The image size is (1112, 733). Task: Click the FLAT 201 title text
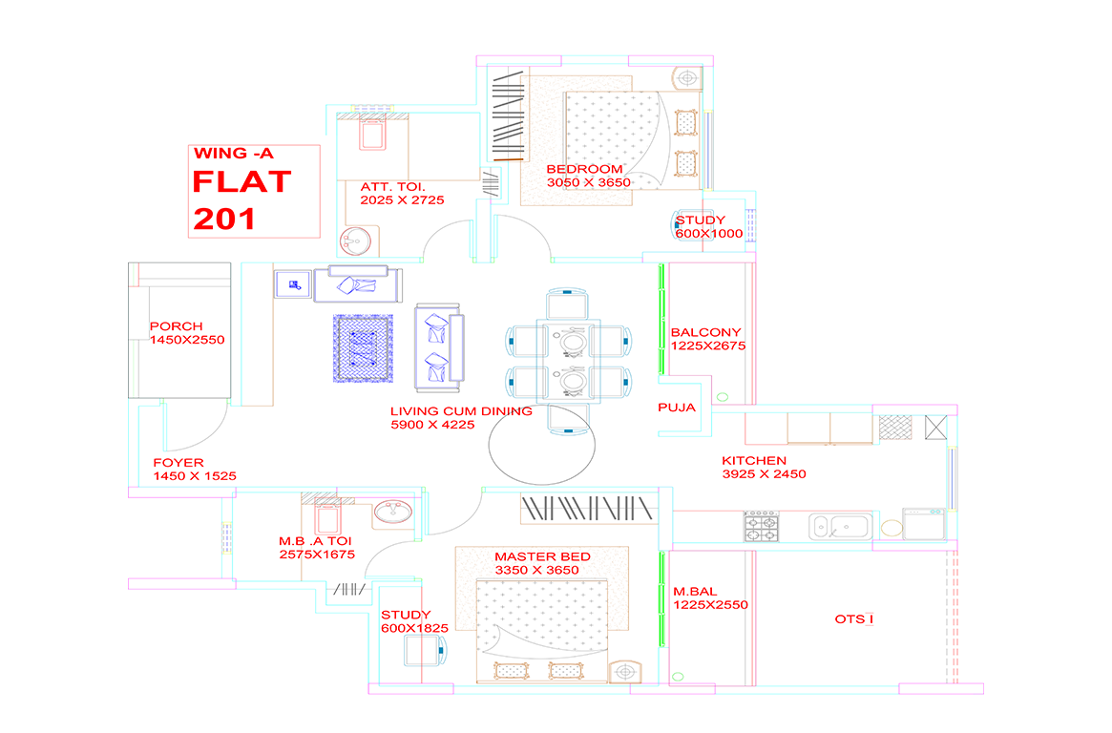click(241, 200)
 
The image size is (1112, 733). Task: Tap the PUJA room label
click(677, 408)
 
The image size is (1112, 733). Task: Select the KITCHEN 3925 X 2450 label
click(764, 467)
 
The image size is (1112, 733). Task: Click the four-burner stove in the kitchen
click(761, 527)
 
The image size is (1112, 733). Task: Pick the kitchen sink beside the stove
click(840, 527)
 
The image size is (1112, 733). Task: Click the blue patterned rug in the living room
click(363, 348)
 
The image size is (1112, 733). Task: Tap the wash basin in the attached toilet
click(355, 241)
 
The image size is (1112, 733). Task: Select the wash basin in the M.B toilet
click(393, 512)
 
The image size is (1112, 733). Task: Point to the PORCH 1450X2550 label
click(186, 333)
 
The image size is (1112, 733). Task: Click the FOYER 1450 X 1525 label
click(195, 470)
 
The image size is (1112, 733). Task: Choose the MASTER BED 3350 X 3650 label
click(542, 563)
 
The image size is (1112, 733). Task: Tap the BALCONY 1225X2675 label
click(707, 339)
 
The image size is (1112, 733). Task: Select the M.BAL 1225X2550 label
click(710, 597)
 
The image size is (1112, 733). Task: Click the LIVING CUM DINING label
click(461, 411)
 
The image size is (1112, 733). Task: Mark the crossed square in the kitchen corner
click(935, 428)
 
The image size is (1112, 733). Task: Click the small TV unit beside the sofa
click(293, 284)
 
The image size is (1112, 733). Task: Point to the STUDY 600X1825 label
click(414, 621)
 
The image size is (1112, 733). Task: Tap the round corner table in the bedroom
click(686, 78)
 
